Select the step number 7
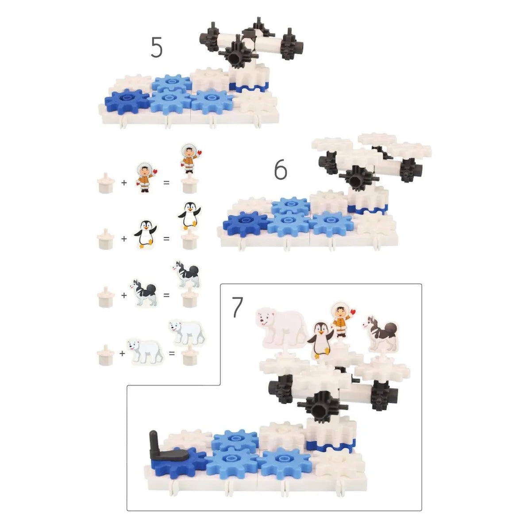coord(238,307)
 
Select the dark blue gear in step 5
coord(127,101)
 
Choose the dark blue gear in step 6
coord(245,223)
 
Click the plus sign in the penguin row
coord(124,239)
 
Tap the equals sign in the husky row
coord(166,295)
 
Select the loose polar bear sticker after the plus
coord(145,352)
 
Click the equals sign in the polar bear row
coord(172,353)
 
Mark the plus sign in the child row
coord(124,182)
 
